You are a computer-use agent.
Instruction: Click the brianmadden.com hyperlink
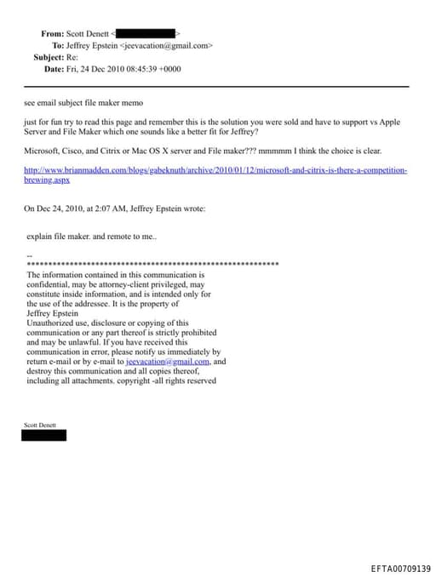(x=215, y=170)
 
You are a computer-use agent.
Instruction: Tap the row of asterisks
(x=153, y=265)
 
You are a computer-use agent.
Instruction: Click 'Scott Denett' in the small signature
(x=39, y=424)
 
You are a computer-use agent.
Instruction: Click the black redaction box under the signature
(x=44, y=435)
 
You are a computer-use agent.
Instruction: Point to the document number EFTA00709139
(x=400, y=568)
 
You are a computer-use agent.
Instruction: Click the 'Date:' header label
(x=54, y=69)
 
